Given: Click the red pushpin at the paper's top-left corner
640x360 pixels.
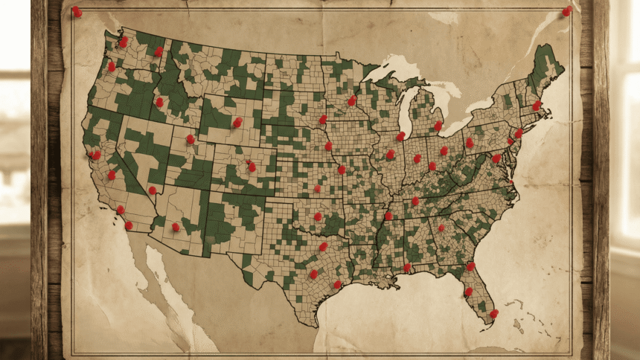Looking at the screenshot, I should click(77, 12).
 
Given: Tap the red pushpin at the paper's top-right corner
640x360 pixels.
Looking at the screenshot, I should click(566, 11).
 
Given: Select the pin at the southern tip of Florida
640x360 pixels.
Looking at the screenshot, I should click(493, 313).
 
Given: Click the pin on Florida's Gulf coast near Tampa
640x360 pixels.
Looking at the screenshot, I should click(468, 292).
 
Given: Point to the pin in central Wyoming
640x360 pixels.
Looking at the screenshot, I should click(237, 122).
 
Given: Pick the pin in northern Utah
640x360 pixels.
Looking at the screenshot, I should click(190, 139).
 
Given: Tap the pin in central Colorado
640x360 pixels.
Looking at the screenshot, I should click(252, 167).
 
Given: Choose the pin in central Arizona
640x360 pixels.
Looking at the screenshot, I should click(176, 227).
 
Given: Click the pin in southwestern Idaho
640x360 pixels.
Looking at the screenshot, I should click(159, 102).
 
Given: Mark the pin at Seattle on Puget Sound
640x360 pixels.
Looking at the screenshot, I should click(123, 42).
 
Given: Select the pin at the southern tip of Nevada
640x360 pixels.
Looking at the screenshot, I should click(152, 190).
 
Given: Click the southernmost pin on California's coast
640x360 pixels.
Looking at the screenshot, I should click(128, 225).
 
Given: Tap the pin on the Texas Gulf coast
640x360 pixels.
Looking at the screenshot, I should click(336, 284).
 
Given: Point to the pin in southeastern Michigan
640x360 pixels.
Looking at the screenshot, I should click(438, 126).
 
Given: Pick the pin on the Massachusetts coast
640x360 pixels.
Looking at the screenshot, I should click(536, 106).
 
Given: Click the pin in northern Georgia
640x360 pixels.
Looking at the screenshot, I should click(441, 228).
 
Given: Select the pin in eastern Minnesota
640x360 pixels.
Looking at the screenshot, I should click(351, 100).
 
